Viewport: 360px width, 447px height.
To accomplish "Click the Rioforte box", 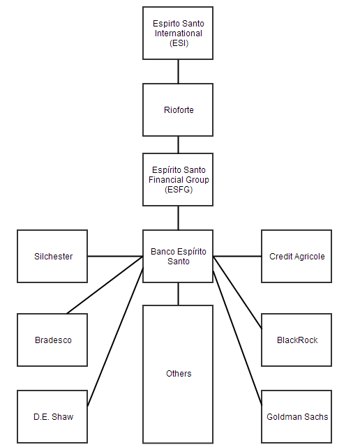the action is click(x=178, y=109).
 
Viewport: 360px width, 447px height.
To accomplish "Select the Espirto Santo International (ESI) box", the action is click(x=178, y=33).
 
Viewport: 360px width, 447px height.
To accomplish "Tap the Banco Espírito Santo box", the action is click(x=178, y=256).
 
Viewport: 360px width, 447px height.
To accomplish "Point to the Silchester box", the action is click(x=52, y=256).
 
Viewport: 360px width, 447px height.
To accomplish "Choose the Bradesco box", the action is click(x=52, y=340).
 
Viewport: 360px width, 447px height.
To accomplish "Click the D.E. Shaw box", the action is click(x=52, y=416).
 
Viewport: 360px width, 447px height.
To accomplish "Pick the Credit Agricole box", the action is click(x=297, y=256).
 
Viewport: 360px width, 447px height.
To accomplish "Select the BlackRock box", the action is click(x=297, y=340).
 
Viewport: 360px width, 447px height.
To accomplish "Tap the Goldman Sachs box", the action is click(x=297, y=416).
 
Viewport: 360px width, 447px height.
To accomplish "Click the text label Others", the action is click(x=179, y=374).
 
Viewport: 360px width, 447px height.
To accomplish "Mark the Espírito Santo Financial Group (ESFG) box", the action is click(x=178, y=180).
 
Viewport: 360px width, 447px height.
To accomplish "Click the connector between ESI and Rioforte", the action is click(x=179, y=72).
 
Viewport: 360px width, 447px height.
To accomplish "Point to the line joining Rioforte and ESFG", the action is click(x=179, y=145).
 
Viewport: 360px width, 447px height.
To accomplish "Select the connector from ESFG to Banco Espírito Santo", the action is click(x=179, y=218).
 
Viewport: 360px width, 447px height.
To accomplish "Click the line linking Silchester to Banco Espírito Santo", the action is click(x=115, y=257).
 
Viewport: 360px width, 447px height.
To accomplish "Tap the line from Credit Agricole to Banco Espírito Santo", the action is click(x=237, y=257).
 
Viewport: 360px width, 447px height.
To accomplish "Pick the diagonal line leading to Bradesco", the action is click(x=105, y=285).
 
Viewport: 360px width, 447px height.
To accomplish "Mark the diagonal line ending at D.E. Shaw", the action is click(x=115, y=338).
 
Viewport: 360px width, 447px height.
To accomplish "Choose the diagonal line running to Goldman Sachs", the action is click(x=237, y=338).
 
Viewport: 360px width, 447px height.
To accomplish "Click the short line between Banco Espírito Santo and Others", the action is click(x=179, y=294).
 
